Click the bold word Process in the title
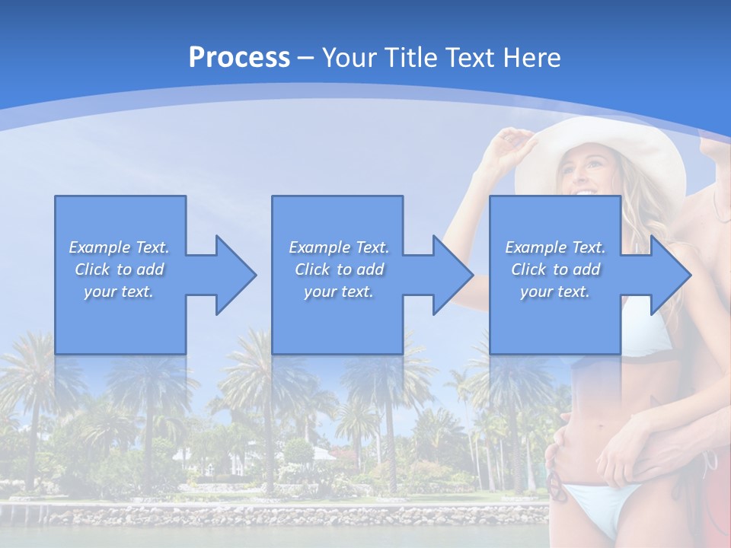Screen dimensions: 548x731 tap(239, 58)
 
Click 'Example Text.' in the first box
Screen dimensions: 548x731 tap(119, 247)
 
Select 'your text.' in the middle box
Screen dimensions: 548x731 tap(338, 292)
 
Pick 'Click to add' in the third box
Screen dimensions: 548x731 tap(556, 269)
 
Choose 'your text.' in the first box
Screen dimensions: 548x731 tap(119, 292)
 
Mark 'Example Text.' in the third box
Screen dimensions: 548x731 tap(555, 247)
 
